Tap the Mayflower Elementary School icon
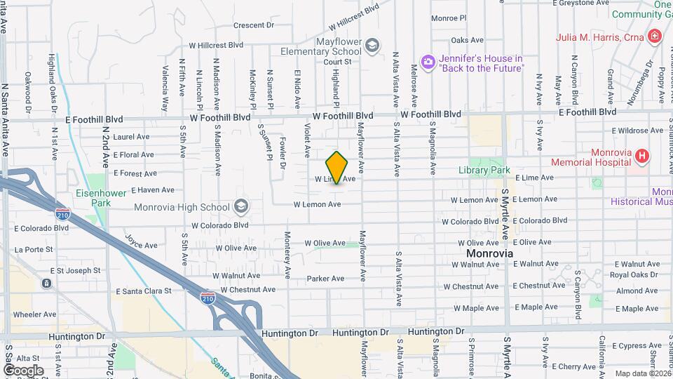pos(372,46)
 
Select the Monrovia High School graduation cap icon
pos(241,206)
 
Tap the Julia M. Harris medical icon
pos(655,36)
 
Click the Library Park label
pos(484,170)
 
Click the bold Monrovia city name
pos(491,253)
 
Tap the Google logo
pos(23,370)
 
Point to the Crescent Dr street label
pos(253,25)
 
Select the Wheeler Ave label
pos(34,314)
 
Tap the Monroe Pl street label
pos(449,18)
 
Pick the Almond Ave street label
pos(637,291)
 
